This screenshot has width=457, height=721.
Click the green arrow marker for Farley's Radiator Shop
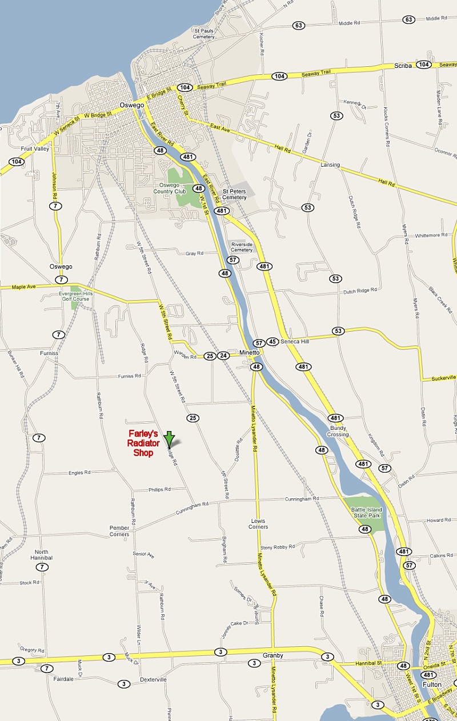169,439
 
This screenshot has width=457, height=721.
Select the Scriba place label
403,66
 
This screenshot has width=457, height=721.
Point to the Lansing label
330,165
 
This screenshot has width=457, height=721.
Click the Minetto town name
250,353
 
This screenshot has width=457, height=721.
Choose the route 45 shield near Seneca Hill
272,342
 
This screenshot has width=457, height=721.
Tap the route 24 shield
223,356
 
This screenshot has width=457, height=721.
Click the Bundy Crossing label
338,430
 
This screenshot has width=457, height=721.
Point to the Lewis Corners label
259,523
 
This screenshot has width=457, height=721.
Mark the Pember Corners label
119,531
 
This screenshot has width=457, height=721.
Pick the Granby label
273,655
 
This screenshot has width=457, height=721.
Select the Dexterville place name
153,679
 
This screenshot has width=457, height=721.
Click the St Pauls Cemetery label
204,33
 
